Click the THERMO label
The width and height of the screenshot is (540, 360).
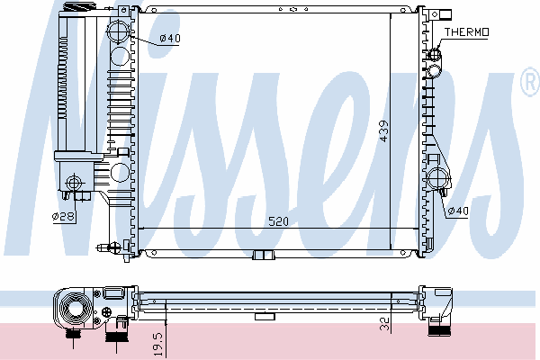(466, 32)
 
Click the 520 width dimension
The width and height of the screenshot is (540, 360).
(278, 221)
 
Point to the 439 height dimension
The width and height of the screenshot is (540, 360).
(383, 130)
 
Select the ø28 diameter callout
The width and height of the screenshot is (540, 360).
(63, 216)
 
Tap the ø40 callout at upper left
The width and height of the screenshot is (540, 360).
(170, 38)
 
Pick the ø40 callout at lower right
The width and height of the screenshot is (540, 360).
(458, 210)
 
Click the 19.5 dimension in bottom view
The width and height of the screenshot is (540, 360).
(158, 344)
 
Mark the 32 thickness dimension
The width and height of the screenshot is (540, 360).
(384, 324)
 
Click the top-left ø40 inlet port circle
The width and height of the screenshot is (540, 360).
(118, 31)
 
